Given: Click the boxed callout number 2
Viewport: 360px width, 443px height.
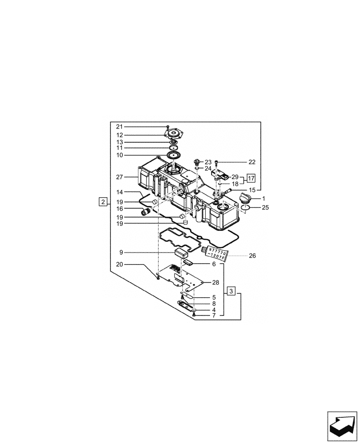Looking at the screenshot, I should click(x=103, y=202).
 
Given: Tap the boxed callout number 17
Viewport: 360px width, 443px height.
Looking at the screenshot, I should click(x=251, y=179).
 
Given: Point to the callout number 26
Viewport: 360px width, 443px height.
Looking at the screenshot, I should click(x=252, y=256).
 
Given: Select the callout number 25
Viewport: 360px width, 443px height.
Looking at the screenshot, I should click(x=265, y=207).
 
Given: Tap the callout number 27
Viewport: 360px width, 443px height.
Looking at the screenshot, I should click(x=119, y=177).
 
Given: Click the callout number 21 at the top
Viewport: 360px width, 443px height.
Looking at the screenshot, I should click(x=119, y=127).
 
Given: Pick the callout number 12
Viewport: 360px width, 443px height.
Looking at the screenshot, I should click(x=119, y=135).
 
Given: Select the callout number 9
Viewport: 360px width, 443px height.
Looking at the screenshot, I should click(x=121, y=253).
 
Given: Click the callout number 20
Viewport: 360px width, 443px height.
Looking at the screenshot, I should click(x=119, y=264).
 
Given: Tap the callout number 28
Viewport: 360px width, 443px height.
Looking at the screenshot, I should click(x=215, y=282).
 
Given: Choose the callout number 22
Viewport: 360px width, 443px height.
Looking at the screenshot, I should click(x=252, y=162).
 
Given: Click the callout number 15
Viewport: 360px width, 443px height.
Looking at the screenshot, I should click(x=252, y=190).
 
